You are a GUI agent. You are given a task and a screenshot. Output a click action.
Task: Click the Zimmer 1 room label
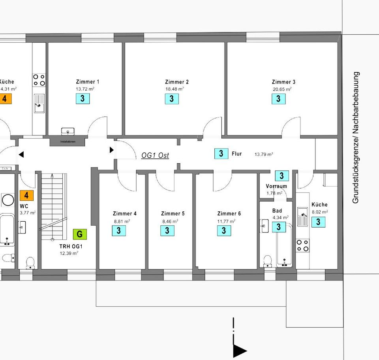[x=87, y=82]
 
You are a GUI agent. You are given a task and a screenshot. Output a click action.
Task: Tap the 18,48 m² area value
[x=174, y=89]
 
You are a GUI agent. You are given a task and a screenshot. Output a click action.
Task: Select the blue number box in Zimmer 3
[x=278, y=98]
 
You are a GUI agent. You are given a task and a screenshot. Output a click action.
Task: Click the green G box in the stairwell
[x=79, y=234]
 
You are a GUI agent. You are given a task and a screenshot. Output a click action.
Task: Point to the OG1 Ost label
[x=155, y=155]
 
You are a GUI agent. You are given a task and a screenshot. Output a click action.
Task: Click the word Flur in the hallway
[x=237, y=154]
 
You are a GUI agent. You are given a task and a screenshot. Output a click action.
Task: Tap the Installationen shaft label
[x=68, y=141]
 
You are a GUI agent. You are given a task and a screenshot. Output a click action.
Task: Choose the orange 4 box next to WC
[x=26, y=195]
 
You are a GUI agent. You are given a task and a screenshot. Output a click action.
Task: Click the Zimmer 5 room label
[x=173, y=214]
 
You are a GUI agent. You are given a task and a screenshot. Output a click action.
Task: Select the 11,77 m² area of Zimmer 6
[x=226, y=221]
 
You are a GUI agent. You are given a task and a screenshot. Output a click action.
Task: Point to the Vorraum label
[x=276, y=186]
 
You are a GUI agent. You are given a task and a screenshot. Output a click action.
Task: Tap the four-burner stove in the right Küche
[x=303, y=245]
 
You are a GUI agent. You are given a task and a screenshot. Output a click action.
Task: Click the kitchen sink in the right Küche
[x=303, y=217]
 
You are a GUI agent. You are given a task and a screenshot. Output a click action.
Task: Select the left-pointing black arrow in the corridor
[x=21, y=155]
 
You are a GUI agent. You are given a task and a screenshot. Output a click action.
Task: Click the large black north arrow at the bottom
[x=239, y=350]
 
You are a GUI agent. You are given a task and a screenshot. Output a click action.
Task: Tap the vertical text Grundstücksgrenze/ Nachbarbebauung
[x=356, y=138]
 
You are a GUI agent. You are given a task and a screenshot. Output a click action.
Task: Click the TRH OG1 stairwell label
[x=71, y=246]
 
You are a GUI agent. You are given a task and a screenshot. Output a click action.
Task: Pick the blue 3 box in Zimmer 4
[x=119, y=230]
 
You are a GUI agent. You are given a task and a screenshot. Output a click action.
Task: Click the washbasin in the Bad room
[x=264, y=226]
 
